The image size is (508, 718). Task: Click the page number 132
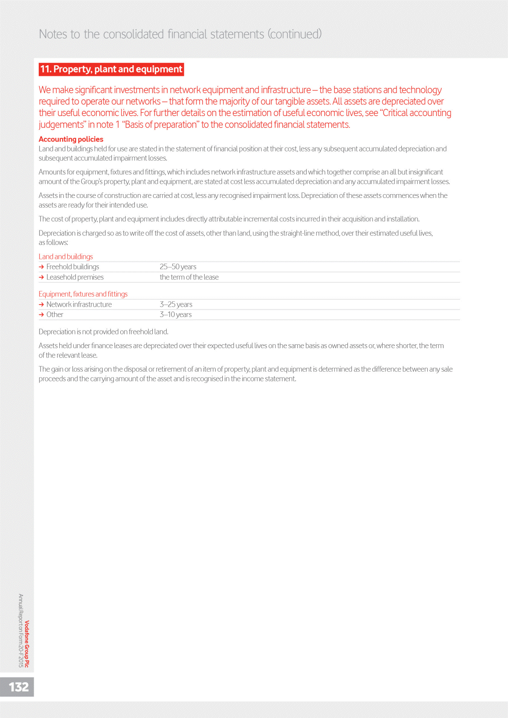pyautogui.click(x=19, y=687)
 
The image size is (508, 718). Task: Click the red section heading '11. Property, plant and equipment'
pyautogui.click(x=111, y=69)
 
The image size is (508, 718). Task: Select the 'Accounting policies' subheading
pyautogui.click(x=71, y=139)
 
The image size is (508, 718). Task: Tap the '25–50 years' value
pyautogui.click(x=178, y=267)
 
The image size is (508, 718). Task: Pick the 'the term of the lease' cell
pyautogui.click(x=189, y=277)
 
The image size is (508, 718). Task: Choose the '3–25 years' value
pyautogui.click(x=176, y=304)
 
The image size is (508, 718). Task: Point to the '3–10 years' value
pyautogui.click(x=175, y=314)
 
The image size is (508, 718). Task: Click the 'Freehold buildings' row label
pyautogui.click(x=73, y=267)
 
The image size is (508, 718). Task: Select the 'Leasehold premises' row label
pyautogui.click(x=75, y=277)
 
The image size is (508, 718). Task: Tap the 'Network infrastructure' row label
pyautogui.click(x=79, y=304)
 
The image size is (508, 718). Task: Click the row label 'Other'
pyautogui.click(x=55, y=314)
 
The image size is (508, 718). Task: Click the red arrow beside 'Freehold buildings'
pyautogui.click(x=41, y=267)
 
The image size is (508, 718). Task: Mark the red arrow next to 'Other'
pyautogui.click(x=41, y=314)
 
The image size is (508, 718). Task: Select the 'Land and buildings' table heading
pyautogui.click(x=66, y=256)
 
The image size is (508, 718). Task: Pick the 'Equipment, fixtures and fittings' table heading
pyautogui.click(x=83, y=294)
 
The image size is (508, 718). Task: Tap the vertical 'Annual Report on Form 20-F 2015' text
pyautogui.click(x=21, y=631)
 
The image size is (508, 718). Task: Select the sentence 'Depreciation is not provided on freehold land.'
pyautogui.click(x=103, y=331)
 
